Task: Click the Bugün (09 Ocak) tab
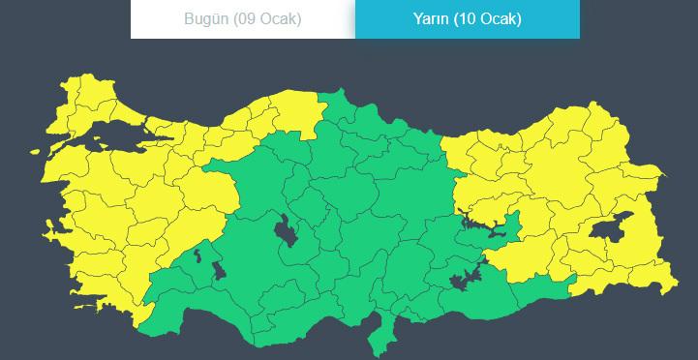[242, 19]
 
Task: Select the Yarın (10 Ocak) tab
[468, 19]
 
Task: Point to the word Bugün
[204, 19]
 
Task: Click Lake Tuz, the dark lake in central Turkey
[286, 232]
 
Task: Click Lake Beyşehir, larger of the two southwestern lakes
[218, 268]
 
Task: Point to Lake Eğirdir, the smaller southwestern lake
[198, 255]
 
